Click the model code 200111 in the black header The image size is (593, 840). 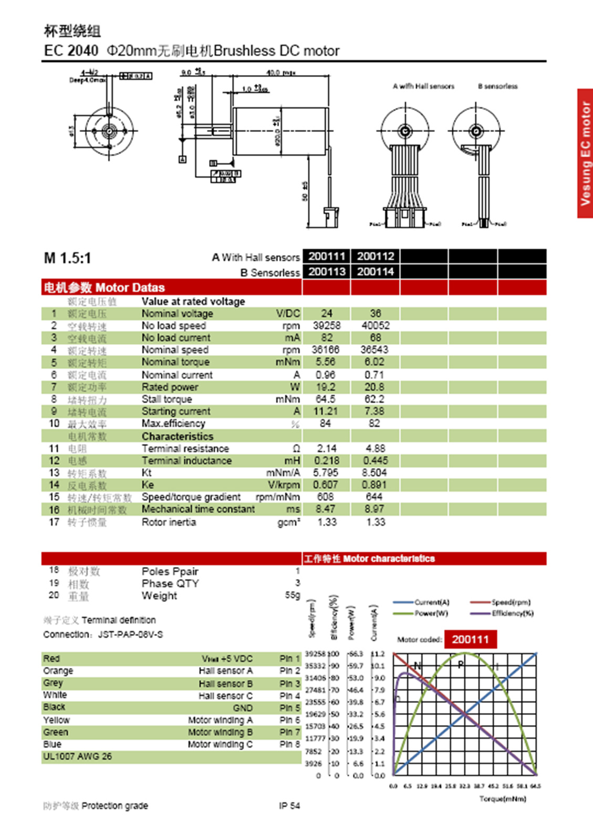click(326, 256)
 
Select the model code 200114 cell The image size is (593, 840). click(375, 271)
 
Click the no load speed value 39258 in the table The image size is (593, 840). click(326, 325)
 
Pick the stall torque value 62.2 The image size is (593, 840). click(374, 399)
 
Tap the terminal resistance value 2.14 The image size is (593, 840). click(326, 448)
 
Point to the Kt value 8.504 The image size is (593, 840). click(374, 472)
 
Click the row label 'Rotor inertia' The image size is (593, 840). click(169, 522)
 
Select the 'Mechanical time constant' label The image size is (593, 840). click(198, 509)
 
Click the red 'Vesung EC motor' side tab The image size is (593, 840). click(585, 153)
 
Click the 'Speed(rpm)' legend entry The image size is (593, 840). click(511, 602)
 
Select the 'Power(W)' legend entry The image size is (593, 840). click(431, 613)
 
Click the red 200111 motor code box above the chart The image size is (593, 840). click(470, 639)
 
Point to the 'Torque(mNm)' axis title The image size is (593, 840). click(503, 799)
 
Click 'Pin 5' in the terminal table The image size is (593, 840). click(289, 708)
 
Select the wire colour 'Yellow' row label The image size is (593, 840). click(56, 720)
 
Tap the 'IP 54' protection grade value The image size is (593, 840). click(289, 805)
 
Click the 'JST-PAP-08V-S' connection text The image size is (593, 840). click(130, 634)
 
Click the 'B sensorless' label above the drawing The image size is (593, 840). click(497, 86)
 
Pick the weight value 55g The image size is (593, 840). click(293, 595)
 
